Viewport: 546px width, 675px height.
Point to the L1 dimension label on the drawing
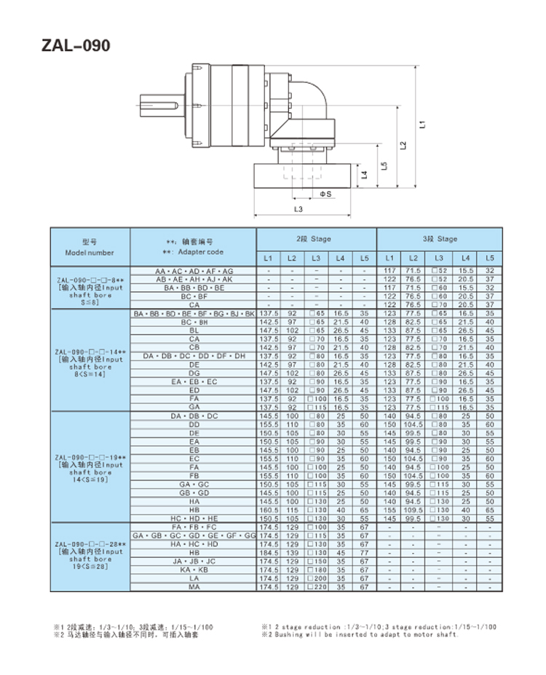tap(422, 125)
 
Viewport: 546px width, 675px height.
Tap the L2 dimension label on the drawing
tap(403, 145)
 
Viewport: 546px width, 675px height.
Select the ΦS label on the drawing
tap(325, 194)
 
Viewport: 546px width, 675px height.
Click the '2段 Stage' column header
tap(315, 238)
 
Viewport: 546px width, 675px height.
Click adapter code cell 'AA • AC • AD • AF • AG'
tap(194, 271)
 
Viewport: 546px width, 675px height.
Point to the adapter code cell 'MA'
tap(194, 586)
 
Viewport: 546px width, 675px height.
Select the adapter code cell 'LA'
tap(194, 578)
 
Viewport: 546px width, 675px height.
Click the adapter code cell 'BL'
tap(194, 330)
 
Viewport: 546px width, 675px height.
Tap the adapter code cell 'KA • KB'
tap(194, 569)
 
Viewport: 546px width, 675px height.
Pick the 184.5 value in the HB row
tap(269, 553)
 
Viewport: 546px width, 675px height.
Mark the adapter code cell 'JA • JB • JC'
tap(194, 561)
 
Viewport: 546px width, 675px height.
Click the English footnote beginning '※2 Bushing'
tap(360, 634)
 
